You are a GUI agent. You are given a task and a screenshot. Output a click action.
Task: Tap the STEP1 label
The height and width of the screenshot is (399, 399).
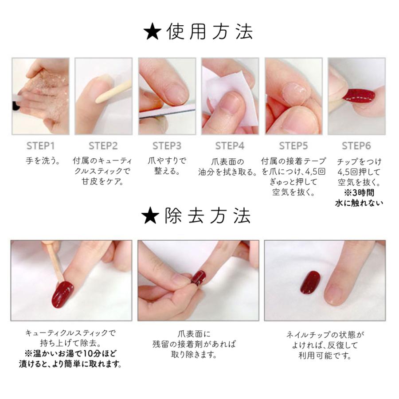40,146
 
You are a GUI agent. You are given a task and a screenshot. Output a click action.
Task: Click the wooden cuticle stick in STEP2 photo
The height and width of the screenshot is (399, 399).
106,96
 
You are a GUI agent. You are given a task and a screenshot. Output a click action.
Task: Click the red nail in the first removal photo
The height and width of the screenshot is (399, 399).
63,293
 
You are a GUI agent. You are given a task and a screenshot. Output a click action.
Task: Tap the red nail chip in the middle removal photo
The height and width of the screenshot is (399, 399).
198,278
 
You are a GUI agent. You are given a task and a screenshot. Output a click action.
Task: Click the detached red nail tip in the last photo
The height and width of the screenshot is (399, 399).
310,282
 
